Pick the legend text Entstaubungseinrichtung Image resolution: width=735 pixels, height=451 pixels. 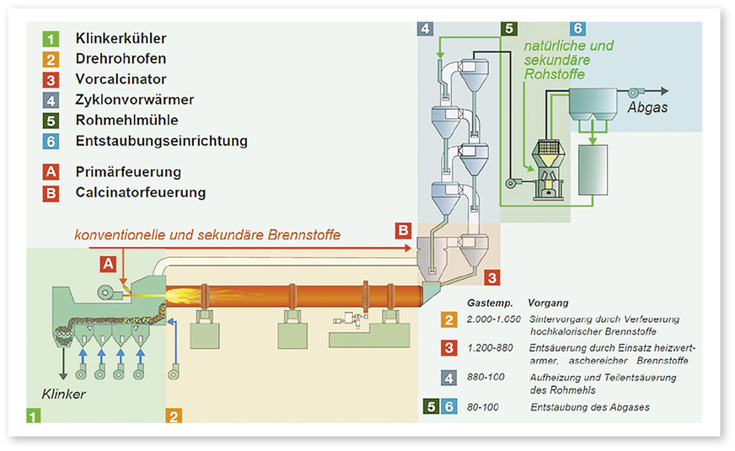tap(161, 141)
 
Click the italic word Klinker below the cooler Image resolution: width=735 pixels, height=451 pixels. tap(64, 394)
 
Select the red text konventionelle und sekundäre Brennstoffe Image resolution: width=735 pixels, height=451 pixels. tap(206, 235)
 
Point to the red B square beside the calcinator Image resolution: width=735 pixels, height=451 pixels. tap(403, 229)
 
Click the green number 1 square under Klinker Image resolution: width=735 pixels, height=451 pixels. tap(32, 415)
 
